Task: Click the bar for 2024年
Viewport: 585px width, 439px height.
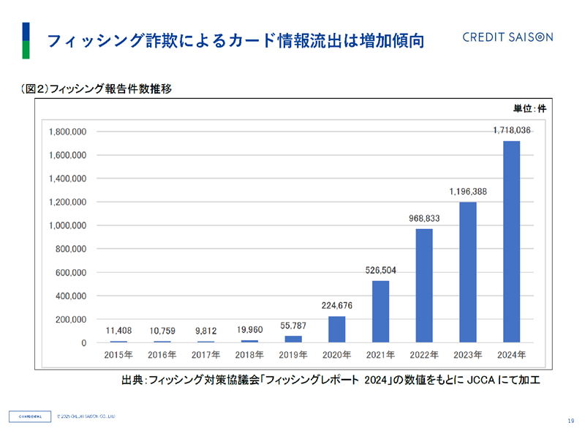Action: [x=512, y=241]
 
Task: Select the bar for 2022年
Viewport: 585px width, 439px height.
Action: [x=424, y=285]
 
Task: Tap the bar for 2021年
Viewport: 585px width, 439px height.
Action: [x=380, y=311]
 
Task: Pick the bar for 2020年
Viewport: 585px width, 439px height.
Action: [x=336, y=329]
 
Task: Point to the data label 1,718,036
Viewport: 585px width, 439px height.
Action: [x=512, y=130]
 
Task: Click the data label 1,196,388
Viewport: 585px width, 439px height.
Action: [x=468, y=192]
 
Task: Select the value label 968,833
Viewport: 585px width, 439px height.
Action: [x=424, y=218]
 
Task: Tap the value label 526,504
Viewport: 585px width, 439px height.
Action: [x=380, y=270]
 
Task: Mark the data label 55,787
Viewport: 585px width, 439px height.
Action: [x=292, y=325]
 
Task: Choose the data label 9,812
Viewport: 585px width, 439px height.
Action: [x=205, y=330]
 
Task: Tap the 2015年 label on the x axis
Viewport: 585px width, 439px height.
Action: [x=118, y=355]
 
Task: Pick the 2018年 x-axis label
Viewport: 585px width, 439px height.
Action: [x=249, y=355]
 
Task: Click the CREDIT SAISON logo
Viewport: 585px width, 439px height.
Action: [x=507, y=37]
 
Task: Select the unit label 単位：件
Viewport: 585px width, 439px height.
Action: [x=529, y=108]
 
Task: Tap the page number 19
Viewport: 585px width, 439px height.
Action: [x=570, y=420]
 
